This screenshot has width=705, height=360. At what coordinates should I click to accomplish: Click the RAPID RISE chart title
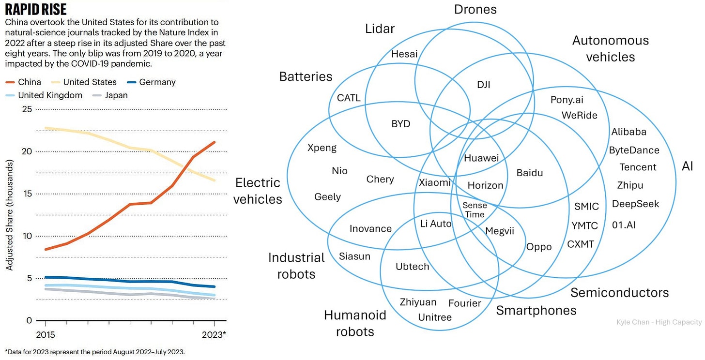[35, 10]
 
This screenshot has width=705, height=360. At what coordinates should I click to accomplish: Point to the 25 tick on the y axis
[27, 109]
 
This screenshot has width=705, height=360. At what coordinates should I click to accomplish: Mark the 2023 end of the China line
[215, 142]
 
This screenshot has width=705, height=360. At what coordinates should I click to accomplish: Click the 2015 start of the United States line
[46, 128]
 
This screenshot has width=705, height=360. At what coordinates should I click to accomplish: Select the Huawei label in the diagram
[481, 158]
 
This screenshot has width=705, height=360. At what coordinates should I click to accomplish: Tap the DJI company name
[484, 85]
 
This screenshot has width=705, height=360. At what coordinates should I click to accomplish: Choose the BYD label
[401, 124]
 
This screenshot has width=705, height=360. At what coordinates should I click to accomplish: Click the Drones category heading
[475, 9]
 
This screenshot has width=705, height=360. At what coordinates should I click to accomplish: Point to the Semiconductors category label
[619, 293]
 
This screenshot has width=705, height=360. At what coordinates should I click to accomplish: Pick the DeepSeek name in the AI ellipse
[635, 204]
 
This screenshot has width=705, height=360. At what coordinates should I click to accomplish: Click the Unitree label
[435, 317]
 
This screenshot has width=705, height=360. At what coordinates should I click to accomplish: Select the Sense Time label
[475, 210]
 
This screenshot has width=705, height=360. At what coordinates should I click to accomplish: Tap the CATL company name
[349, 98]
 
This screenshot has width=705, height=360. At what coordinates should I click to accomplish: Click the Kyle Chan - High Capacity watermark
[659, 322]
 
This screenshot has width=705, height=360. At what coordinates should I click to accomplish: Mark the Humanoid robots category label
[355, 323]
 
